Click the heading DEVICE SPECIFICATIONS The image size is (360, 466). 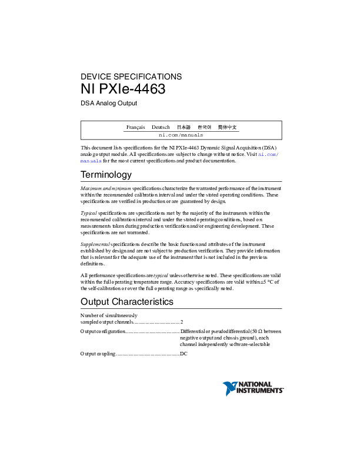tap(131, 76)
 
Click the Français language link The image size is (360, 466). tap(135, 127)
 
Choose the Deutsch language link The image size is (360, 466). tap(161, 127)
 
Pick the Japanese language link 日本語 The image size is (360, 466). tap(184, 127)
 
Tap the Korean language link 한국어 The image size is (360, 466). tap(204, 127)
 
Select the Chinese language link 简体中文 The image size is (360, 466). tap(227, 127)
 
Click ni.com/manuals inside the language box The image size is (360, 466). tap(181, 135)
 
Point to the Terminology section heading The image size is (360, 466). tap(106, 175)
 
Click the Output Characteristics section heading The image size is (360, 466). tap(126, 302)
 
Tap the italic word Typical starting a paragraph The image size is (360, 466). tap(89, 213)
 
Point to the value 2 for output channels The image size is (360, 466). tap(182, 322)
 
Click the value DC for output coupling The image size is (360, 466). tap(184, 354)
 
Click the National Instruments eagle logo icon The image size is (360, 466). tap(229, 388)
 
